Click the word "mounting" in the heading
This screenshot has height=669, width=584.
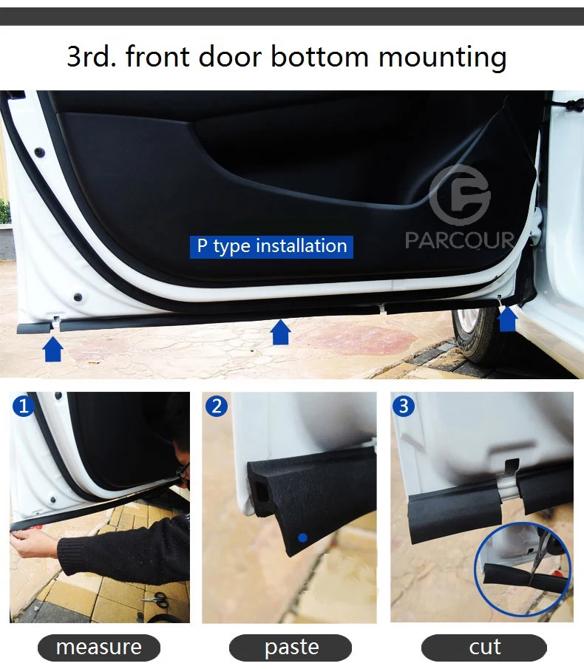(x=442, y=57)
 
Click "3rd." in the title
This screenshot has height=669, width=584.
(x=91, y=56)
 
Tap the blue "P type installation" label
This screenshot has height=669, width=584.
(x=272, y=247)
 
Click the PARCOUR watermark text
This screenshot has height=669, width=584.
(x=459, y=240)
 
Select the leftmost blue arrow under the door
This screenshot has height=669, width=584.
(x=53, y=349)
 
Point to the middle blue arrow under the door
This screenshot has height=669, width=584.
(x=281, y=332)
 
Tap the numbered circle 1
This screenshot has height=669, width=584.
(x=23, y=406)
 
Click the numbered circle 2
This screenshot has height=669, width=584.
(x=217, y=406)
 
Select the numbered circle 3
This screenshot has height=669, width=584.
(x=403, y=406)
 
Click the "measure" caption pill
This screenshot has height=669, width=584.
(x=99, y=648)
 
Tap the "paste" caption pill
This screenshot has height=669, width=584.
(x=291, y=648)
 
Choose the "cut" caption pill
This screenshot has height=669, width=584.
(x=484, y=648)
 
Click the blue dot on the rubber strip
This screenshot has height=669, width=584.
(x=303, y=537)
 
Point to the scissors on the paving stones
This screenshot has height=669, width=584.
(x=155, y=598)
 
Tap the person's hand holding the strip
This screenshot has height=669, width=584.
(x=31, y=542)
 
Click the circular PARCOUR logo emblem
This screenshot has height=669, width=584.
(x=460, y=195)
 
